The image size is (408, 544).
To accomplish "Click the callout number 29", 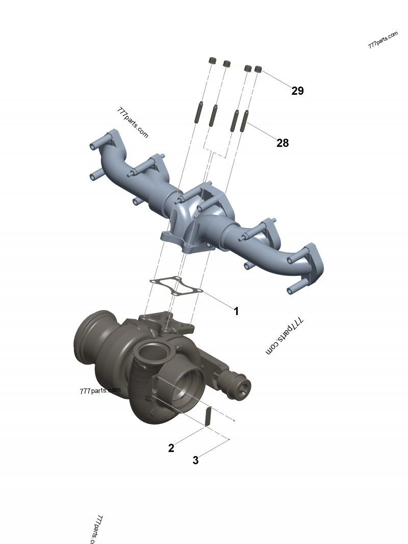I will coord(297,91).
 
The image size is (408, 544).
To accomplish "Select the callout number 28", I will coord(283,143).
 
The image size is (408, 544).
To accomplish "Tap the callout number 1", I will coord(236,311).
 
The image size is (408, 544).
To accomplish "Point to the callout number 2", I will coord(171,448).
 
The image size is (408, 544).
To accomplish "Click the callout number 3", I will coord(195,460).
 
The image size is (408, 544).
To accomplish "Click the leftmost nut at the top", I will coord(212,61).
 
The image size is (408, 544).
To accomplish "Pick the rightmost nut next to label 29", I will coord(259,69).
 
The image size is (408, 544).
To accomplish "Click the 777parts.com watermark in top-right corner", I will coord(382,40).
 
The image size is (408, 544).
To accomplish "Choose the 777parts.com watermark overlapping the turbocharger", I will coord(100,391).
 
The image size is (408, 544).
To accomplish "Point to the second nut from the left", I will coord(227,64).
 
